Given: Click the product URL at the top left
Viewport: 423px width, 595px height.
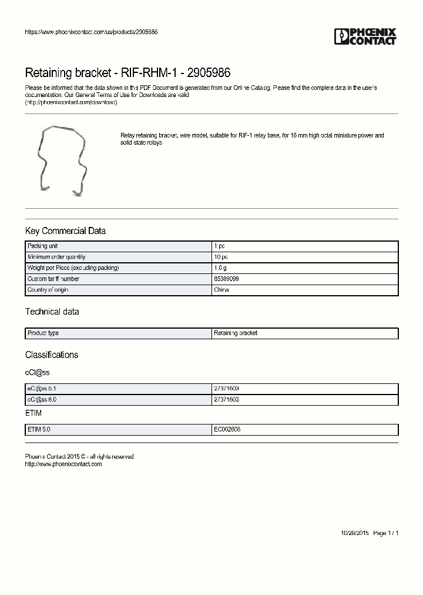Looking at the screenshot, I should coord(91,32).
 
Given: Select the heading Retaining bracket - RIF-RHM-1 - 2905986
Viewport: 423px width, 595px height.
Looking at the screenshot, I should coord(127,73).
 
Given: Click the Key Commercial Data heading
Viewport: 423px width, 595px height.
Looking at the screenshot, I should coord(65,231).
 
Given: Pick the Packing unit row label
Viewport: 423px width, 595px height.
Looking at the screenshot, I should coord(42,246).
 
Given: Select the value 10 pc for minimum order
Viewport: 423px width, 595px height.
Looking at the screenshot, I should coord(221,257).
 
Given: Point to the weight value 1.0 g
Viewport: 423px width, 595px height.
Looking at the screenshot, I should coord(220,268).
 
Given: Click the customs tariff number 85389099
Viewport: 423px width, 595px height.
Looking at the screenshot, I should coord(226,279).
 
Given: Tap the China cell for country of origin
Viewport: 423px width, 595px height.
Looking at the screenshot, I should coord(221,290).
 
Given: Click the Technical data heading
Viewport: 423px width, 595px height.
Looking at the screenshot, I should coord(52,312).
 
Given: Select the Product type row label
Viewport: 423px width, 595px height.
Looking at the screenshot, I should coord(43,333).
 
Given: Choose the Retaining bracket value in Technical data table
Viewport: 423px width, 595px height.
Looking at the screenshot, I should coord(236,333).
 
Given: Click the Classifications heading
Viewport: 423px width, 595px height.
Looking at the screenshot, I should coord(52,355).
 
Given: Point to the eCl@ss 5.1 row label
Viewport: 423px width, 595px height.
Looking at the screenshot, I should coord(42,389).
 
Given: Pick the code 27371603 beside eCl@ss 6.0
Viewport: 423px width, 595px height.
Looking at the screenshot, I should coord(226,400).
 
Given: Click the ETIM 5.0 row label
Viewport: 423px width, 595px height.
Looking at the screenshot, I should coord(39,430).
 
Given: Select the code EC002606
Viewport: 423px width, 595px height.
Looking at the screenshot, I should coord(227,430).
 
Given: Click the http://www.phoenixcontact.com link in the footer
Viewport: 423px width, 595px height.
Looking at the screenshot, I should coord(63,464).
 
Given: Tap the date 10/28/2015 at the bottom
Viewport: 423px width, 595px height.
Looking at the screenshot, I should coord(354,533).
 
